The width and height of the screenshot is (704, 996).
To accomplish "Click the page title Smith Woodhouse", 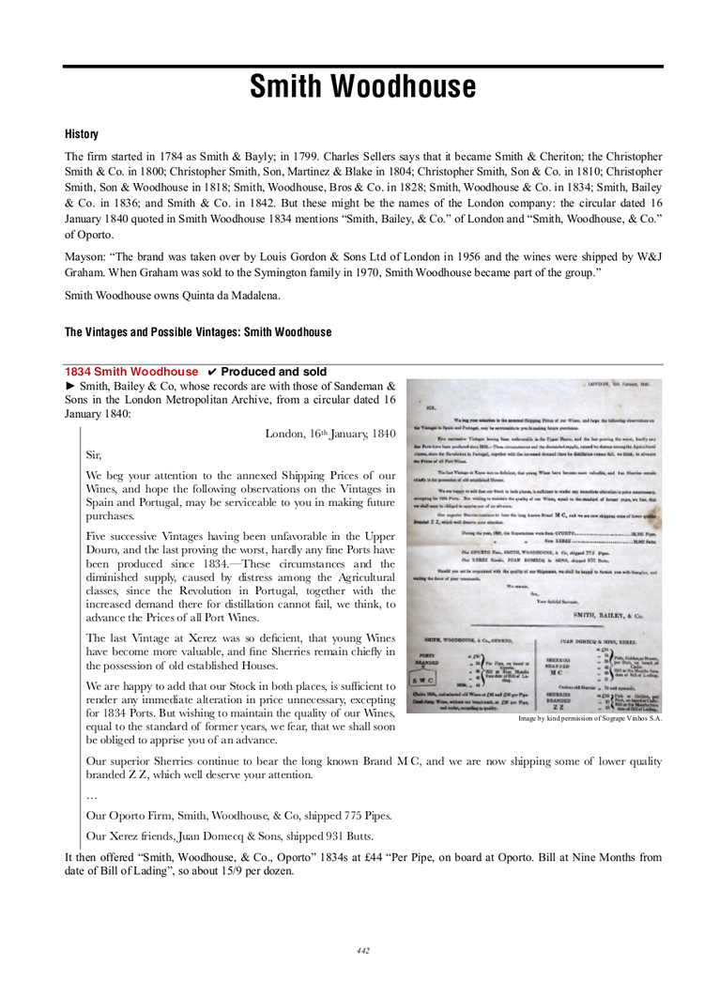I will click(x=362, y=88).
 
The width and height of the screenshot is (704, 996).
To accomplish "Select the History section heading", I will click(x=82, y=135).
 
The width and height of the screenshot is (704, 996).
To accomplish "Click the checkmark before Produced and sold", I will click(x=212, y=372).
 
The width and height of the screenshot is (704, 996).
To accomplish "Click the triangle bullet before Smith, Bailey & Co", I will click(x=69, y=387).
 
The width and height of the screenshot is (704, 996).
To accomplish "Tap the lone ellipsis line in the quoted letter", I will click(x=90, y=795).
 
